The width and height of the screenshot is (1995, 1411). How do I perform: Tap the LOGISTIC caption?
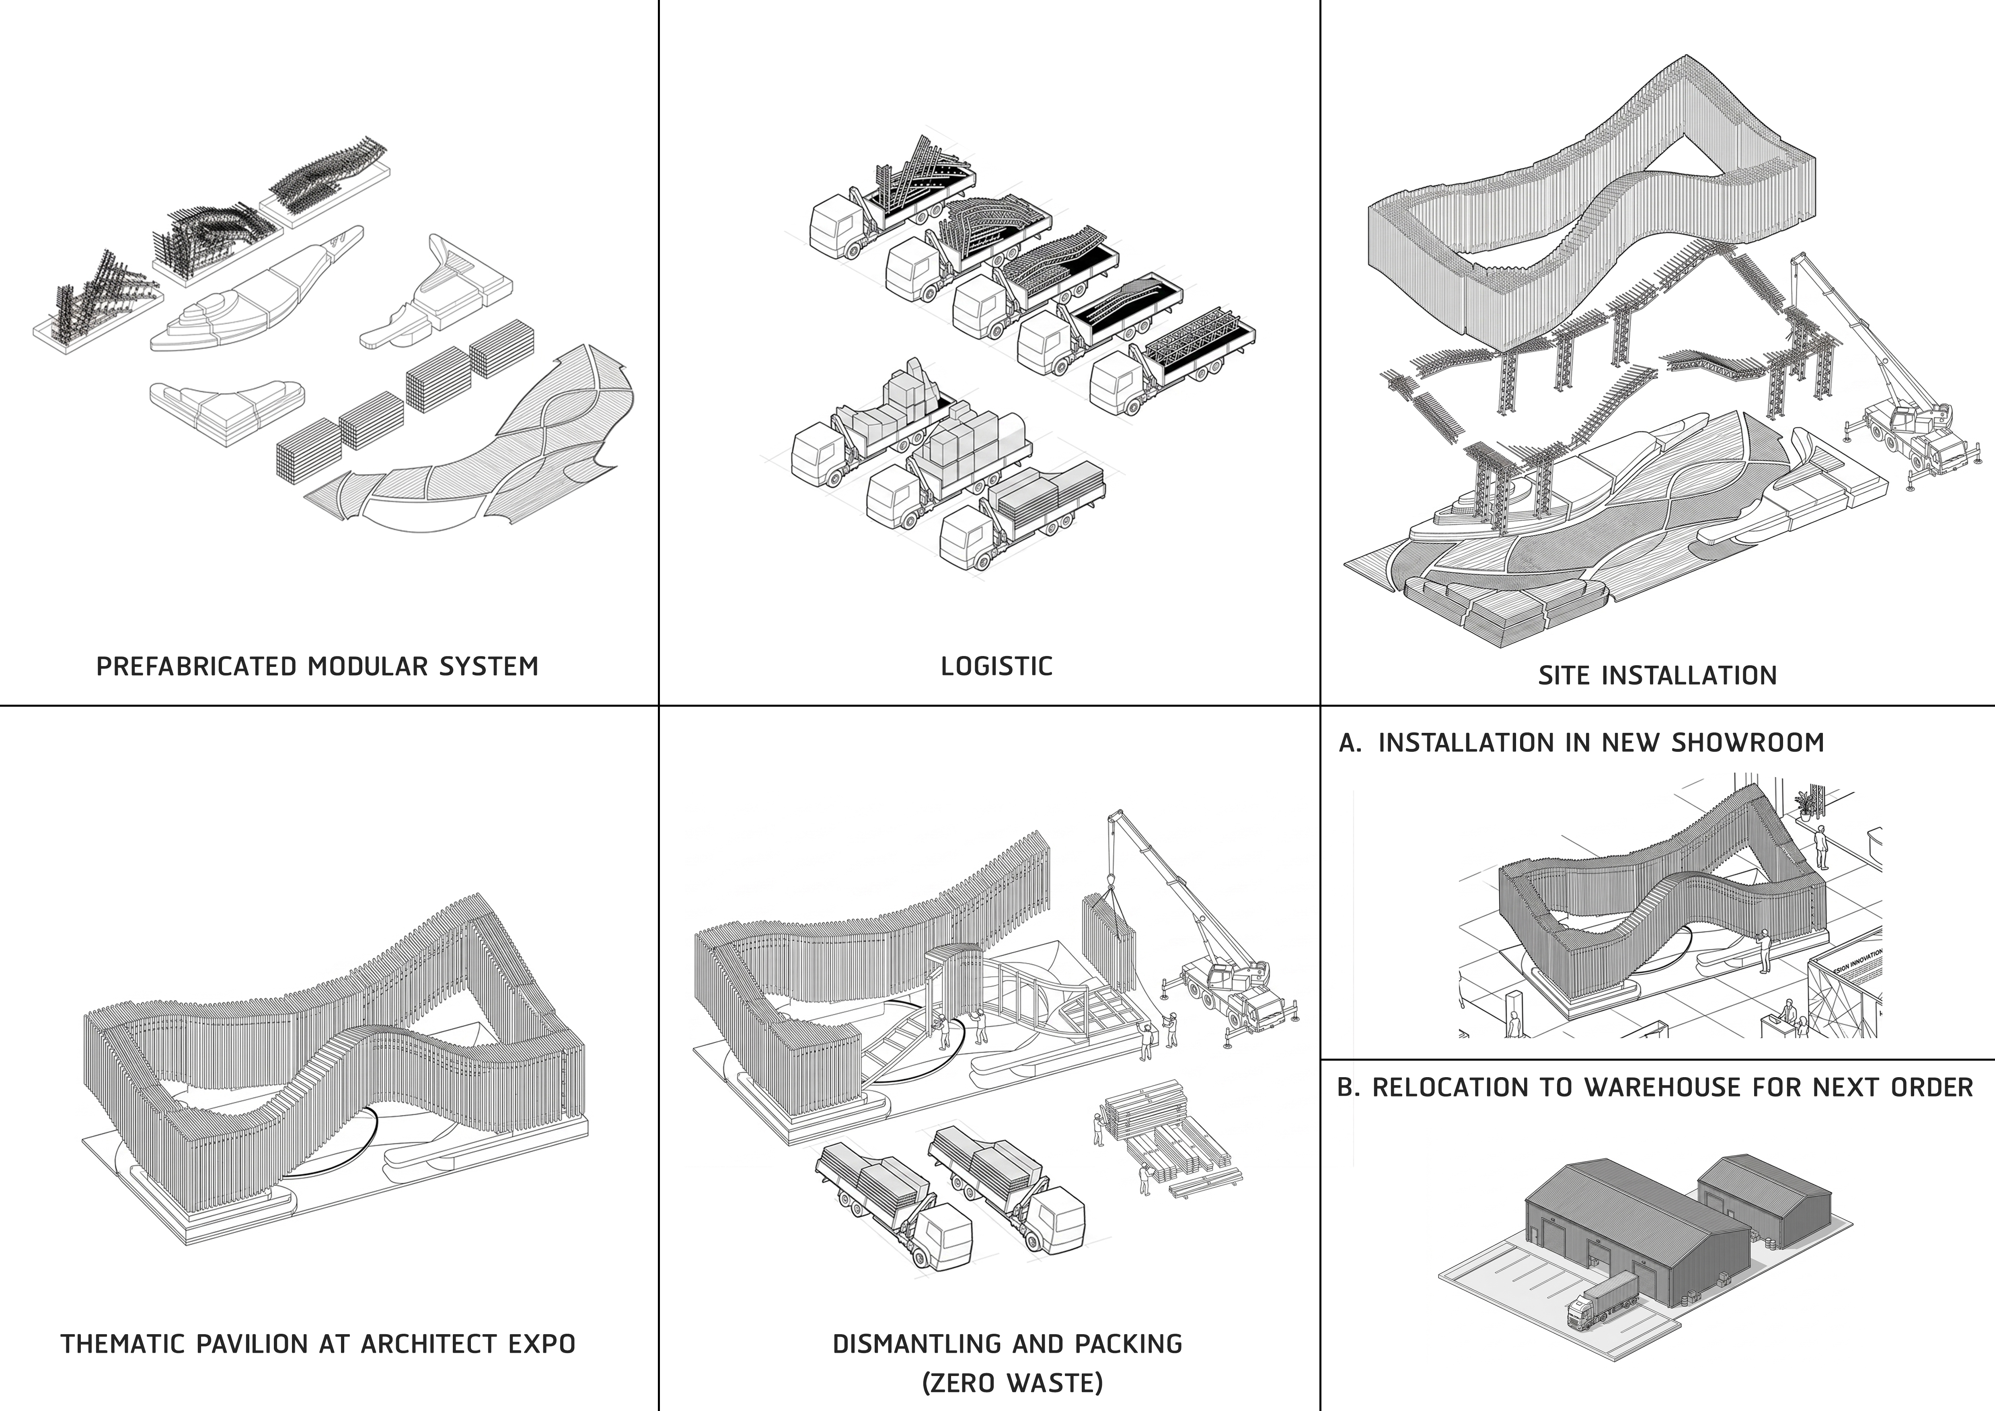point(996,666)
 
